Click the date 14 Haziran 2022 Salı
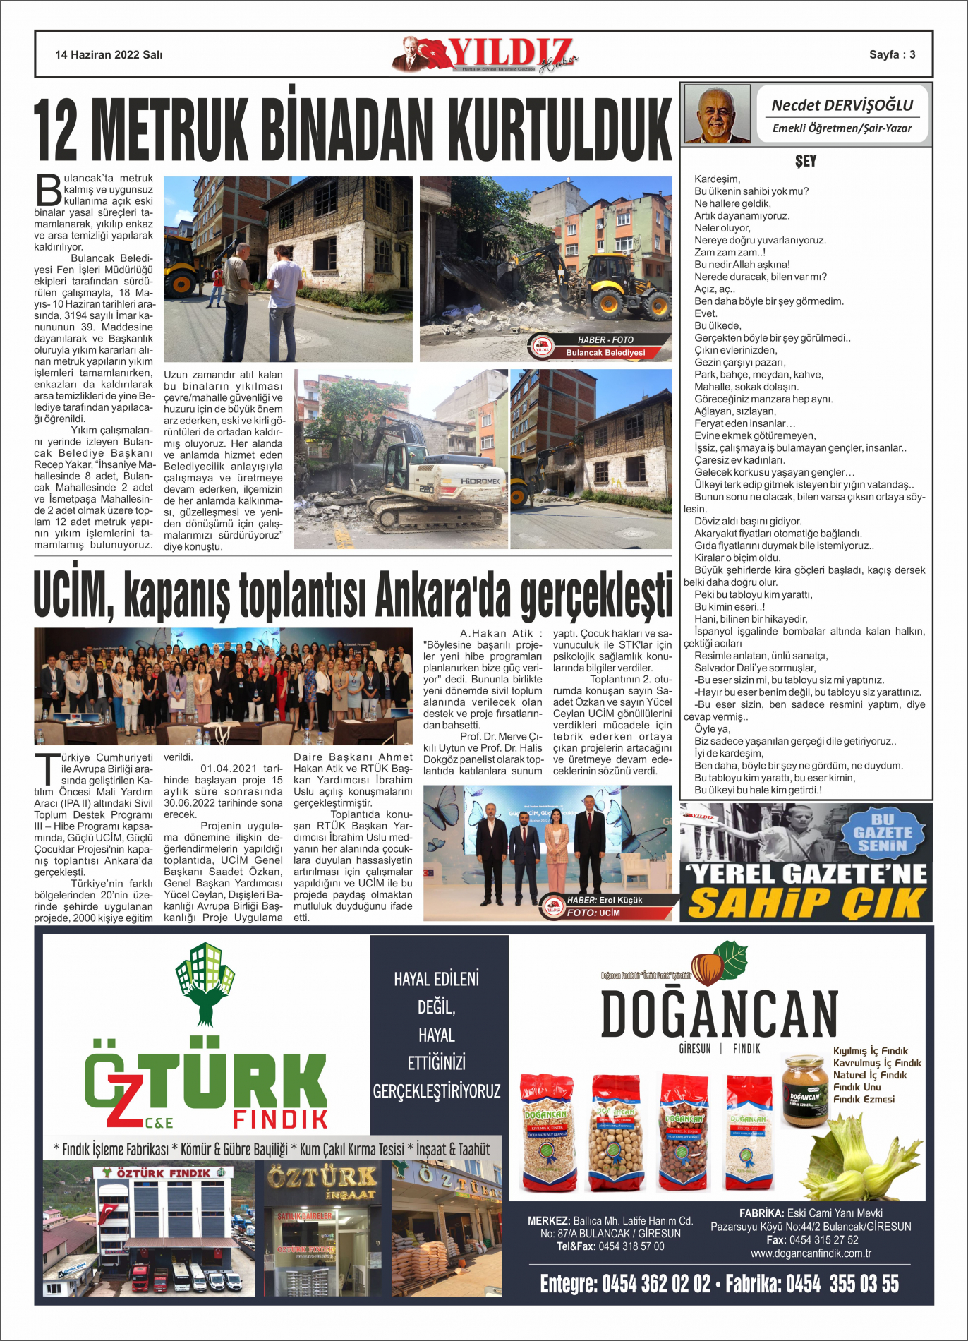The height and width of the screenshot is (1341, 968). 109,54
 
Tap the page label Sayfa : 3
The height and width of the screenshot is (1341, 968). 892,54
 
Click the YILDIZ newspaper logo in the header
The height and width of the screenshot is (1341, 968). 485,54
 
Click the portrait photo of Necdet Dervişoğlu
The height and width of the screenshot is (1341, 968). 718,114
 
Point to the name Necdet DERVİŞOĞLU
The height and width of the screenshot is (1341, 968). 842,105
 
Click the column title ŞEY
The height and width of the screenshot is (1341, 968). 805,161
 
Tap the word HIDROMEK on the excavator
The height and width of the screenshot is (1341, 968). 479,481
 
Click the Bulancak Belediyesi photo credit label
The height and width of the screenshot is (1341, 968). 605,352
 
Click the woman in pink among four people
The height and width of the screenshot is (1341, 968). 556,856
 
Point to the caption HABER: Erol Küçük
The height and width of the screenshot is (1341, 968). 605,900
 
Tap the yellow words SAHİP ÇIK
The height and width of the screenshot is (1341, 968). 806,903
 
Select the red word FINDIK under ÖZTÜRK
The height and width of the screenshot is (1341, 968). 280,1119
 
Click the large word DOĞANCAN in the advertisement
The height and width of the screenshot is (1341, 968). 718,1014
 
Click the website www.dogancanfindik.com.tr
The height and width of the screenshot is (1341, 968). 811,1253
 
